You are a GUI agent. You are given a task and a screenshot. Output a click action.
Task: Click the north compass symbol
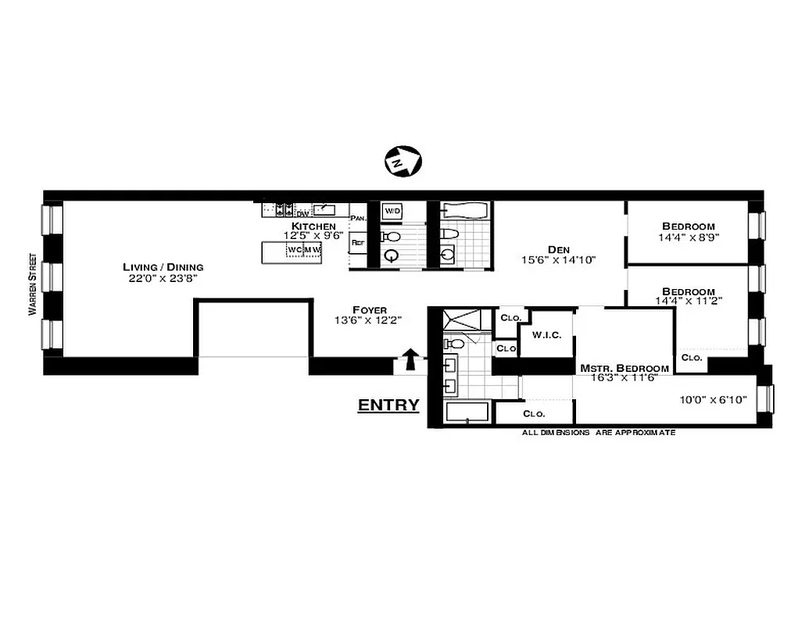[403, 161]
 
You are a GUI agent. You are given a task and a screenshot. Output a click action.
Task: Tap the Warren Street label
[32, 284]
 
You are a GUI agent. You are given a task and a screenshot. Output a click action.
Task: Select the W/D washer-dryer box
[392, 212]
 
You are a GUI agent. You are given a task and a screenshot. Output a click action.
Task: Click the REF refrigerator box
[359, 243]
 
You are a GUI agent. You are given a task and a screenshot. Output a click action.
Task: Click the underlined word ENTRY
[388, 405]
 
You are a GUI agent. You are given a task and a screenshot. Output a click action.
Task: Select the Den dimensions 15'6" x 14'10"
[559, 260]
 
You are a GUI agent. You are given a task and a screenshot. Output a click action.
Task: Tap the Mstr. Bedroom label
[624, 368]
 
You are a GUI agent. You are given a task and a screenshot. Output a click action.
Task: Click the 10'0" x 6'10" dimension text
[712, 399]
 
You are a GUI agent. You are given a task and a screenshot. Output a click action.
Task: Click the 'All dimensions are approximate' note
[598, 432]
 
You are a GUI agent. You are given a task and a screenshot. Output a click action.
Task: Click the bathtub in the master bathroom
[467, 412]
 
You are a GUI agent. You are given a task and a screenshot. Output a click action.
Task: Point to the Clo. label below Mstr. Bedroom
[534, 413]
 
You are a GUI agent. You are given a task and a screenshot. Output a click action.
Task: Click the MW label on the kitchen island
[312, 250]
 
